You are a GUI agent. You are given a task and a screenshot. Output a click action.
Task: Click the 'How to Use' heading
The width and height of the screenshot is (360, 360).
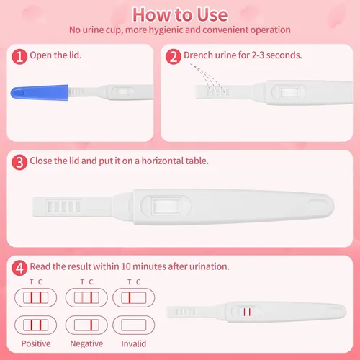click(x=180, y=15)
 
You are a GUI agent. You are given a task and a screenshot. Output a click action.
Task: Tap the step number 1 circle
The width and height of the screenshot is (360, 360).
click(x=19, y=57)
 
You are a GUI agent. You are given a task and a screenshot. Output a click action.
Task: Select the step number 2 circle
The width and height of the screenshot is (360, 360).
click(x=174, y=57)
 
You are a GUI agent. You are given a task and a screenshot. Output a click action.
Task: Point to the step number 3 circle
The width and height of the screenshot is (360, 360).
click(x=19, y=162)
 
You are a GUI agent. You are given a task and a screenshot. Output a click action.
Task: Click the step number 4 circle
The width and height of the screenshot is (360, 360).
click(x=19, y=268)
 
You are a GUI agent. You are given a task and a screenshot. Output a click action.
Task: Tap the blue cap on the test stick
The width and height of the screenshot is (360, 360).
click(x=40, y=93)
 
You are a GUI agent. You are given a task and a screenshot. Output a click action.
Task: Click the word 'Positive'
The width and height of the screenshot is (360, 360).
click(x=36, y=343)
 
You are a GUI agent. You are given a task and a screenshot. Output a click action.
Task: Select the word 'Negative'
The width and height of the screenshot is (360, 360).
click(x=86, y=343)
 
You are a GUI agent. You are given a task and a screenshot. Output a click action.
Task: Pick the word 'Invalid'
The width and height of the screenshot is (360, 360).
click(x=134, y=343)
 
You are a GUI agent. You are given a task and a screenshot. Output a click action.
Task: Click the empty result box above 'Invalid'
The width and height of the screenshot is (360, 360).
click(x=134, y=325)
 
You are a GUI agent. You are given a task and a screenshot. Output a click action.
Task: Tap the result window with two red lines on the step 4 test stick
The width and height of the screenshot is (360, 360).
click(x=247, y=312)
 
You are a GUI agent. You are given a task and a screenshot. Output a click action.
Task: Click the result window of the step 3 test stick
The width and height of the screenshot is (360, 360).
click(x=166, y=206)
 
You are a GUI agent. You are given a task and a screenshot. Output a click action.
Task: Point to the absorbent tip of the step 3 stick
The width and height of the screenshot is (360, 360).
click(x=63, y=207)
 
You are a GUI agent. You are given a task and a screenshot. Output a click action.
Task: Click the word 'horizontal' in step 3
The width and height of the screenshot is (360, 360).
click(x=159, y=161)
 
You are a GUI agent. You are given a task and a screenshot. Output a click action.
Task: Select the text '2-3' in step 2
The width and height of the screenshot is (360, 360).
click(x=258, y=55)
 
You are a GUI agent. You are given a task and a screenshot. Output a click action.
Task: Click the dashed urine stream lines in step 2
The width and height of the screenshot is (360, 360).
click(x=207, y=78)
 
